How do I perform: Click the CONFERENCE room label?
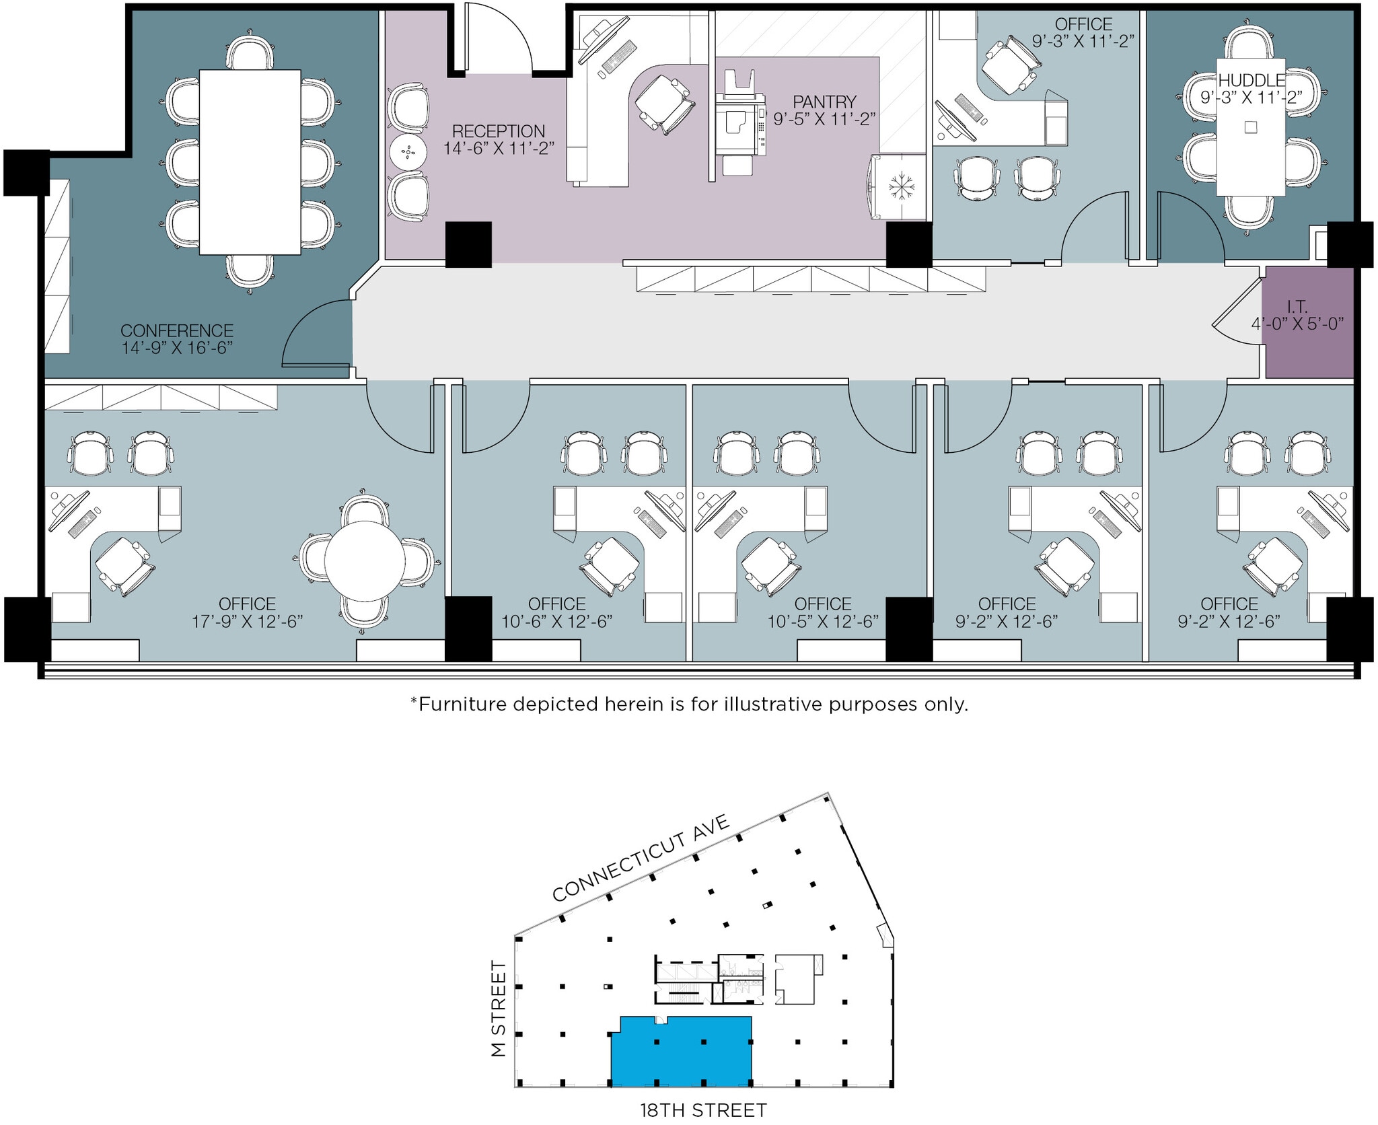point(177,330)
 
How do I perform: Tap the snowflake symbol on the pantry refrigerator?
point(898,186)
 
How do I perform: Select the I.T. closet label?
point(1297,307)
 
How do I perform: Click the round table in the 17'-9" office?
point(365,561)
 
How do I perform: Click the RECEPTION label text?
point(498,131)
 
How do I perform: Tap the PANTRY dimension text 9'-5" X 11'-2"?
point(824,119)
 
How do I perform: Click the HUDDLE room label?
point(1252,80)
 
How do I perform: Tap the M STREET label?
point(499,1008)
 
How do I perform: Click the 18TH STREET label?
point(703,1110)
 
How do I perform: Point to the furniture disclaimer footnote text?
point(689,704)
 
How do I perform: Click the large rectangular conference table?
point(250,162)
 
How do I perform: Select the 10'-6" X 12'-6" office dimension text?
point(556,621)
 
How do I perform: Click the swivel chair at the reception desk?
point(663,103)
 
